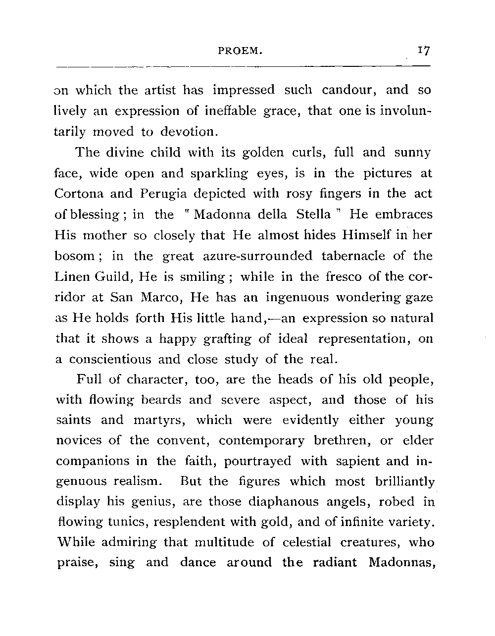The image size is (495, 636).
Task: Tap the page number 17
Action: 424,51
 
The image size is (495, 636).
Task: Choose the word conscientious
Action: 110,360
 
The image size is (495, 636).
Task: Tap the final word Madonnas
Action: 401,563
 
